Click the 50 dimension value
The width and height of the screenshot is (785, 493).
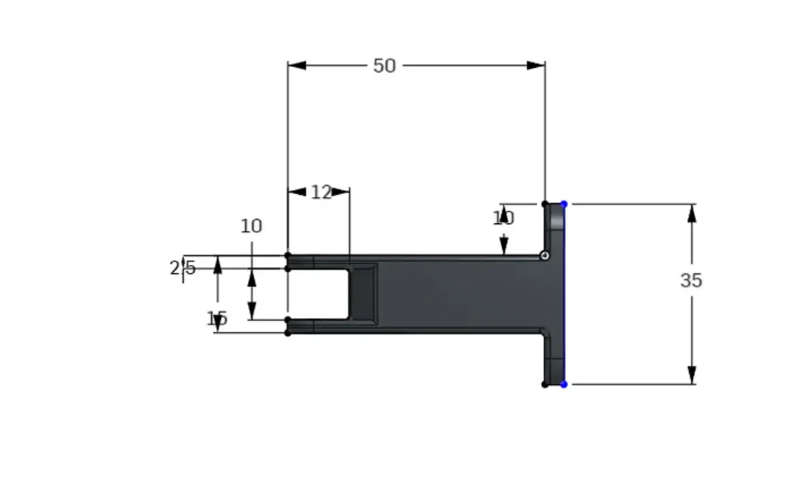click(x=384, y=65)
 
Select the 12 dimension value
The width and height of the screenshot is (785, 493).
click(x=320, y=192)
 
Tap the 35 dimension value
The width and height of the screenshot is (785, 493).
click(x=691, y=280)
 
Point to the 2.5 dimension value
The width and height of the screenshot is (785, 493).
click(x=183, y=268)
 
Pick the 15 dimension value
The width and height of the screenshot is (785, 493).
click(x=217, y=319)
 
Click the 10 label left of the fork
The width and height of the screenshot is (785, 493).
click(x=251, y=226)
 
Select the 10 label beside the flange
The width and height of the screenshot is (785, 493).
click(x=503, y=218)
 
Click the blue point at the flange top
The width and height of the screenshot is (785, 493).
click(x=564, y=204)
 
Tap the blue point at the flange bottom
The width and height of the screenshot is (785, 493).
click(x=564, y=384)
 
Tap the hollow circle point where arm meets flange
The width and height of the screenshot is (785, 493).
click(x=544, y=256)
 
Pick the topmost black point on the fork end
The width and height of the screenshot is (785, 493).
click(x=288, y=256)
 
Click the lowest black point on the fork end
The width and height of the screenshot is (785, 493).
click(x=288, y=333)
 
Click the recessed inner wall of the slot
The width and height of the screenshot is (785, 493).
click(x=364, y=293)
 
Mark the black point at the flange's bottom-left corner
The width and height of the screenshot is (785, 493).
click(x=545, y=384)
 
